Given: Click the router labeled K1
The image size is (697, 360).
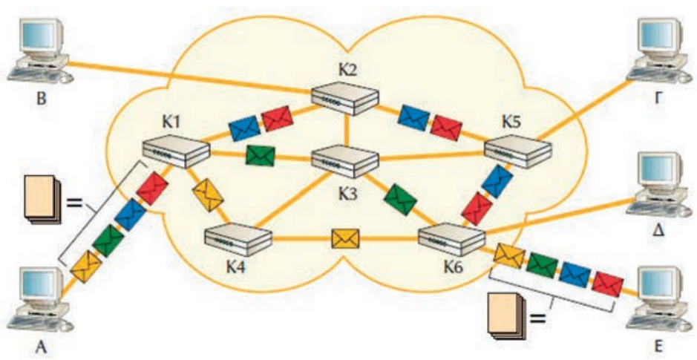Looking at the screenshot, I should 175,153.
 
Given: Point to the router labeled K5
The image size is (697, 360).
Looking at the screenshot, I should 518,149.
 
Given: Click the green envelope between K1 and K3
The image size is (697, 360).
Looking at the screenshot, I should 261,155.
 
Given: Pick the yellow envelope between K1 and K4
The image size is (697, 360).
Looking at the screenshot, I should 209,195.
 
